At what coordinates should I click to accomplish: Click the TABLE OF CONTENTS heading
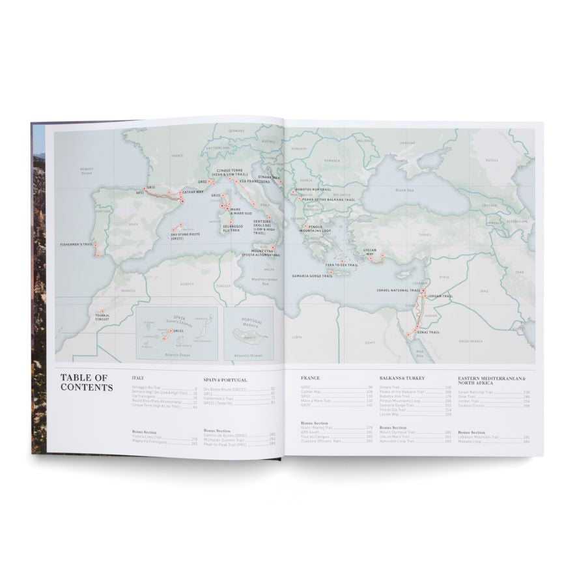coord(87,382)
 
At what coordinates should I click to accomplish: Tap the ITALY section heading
coord(137,378)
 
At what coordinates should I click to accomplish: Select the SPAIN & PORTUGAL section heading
coord(225,379)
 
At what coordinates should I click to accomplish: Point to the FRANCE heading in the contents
coord(311,377)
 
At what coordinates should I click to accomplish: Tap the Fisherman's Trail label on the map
coord(75,244)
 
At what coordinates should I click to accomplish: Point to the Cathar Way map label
coord(193,193)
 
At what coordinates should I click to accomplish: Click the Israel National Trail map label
coord(397,290)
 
